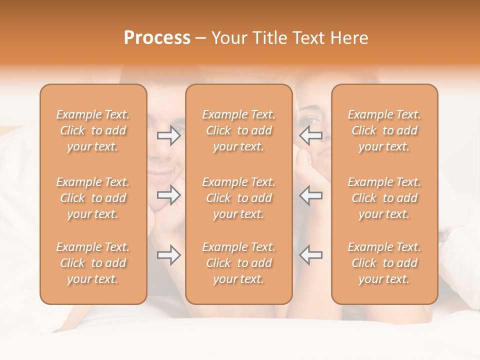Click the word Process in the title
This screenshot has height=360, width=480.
click(x=157, y=38)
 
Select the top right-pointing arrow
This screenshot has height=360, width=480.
click(x=169, y=135)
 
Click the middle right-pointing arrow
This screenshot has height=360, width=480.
click(x=169, y=195)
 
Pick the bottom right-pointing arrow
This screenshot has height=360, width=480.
click(x=169, y=255)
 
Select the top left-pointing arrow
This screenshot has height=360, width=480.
click(x=311, y=135)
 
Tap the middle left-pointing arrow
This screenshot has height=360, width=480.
click(x=311, y=195)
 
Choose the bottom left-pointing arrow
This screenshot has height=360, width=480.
click(x=311, y=255)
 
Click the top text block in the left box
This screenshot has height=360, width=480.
click(x=93, y=130)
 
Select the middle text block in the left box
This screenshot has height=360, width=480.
click(x=93, y=198)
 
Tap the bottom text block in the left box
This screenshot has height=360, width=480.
click(x=93, y=263)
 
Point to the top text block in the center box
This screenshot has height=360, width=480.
click(x=239, y=130)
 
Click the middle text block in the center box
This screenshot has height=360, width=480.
click(x=239, y=198)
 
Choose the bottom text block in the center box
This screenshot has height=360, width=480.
click(x=239, y=263)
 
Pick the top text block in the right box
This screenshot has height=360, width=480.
click(x=384, y=130)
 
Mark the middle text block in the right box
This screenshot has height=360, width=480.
click(x=384, y=198)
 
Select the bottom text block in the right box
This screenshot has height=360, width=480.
click(x=384, y=263)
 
